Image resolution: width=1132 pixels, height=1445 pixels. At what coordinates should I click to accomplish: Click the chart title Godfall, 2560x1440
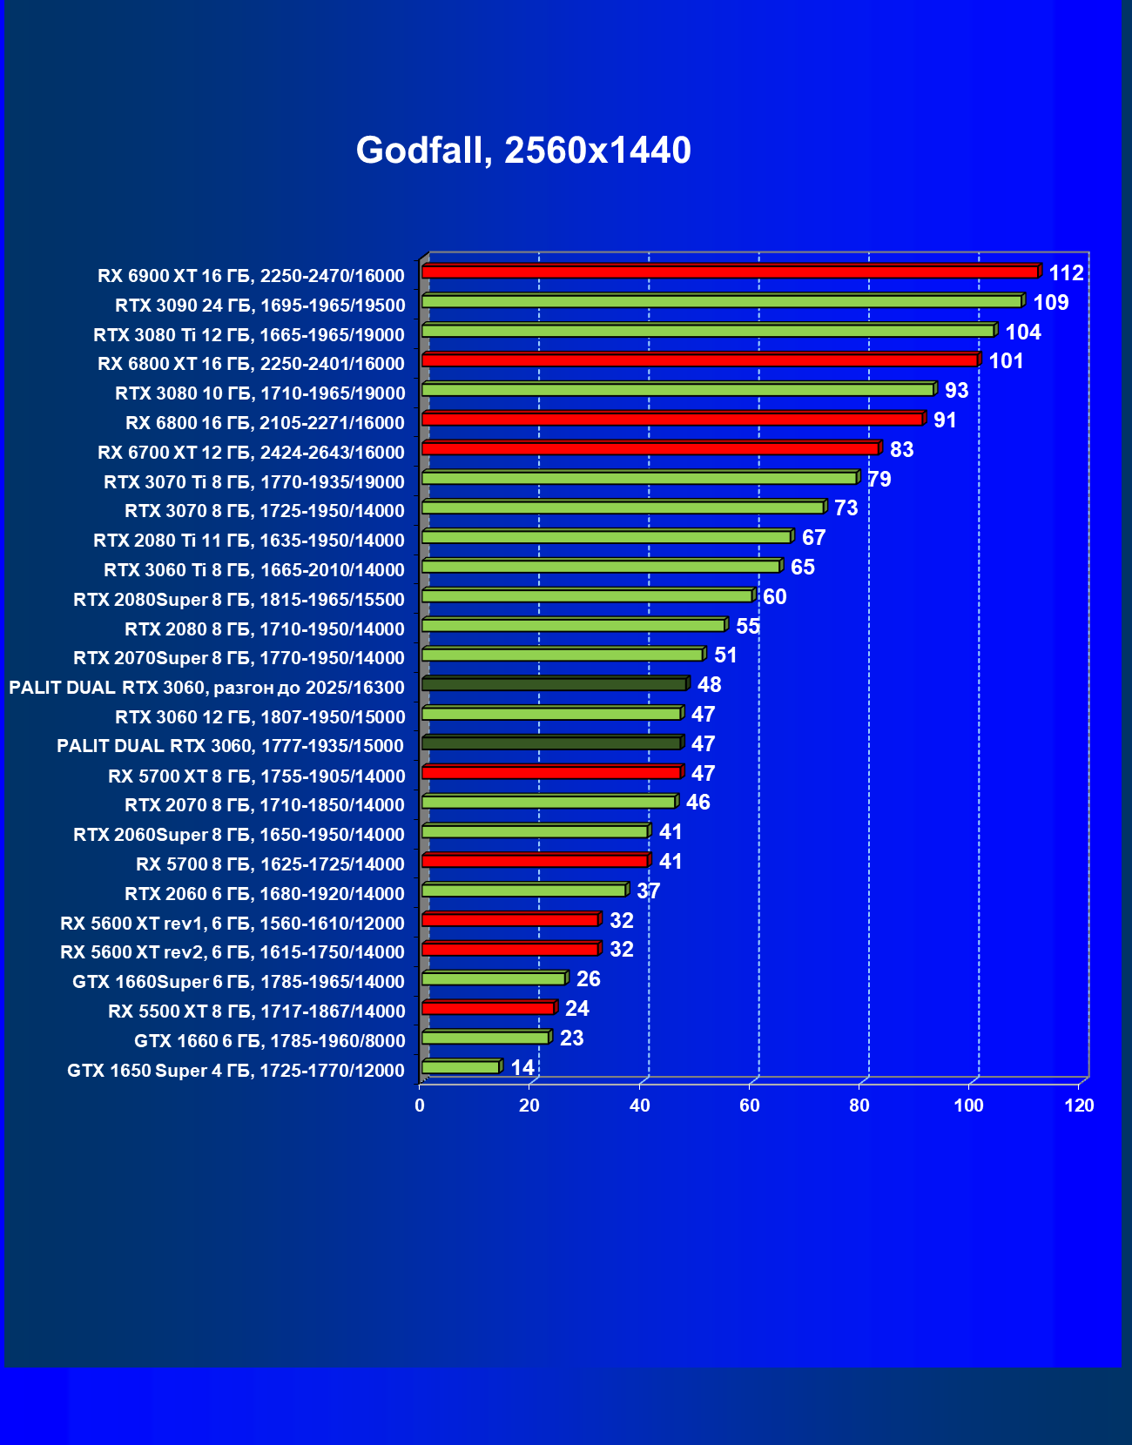(523, 151)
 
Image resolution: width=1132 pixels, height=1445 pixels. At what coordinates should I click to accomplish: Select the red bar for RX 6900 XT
(730, 272)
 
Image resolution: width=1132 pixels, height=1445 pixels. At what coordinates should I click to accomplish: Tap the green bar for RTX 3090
(721, 302)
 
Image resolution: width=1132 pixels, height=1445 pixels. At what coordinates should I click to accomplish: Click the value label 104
(1022, 332)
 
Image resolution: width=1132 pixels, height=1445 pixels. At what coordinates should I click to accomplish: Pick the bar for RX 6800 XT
(699, 360)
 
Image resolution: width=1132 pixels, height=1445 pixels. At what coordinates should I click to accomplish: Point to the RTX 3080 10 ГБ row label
(259, 393)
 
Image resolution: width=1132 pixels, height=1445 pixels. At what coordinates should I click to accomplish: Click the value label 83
(901, 450)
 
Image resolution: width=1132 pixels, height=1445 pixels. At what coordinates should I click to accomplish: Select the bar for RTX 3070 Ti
(639, 479)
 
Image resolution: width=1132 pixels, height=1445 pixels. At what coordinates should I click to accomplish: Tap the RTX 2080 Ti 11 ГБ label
(248, 541)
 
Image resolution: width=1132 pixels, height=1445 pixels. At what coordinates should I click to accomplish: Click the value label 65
(802, 568)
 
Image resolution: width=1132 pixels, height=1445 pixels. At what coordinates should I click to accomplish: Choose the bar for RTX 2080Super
(587, 596)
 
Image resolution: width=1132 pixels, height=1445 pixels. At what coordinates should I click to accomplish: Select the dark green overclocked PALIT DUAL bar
(554, 684)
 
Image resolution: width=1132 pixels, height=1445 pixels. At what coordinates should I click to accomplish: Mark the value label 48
(709, 685)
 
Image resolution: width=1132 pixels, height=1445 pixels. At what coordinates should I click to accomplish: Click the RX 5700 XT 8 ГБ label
(256, 776)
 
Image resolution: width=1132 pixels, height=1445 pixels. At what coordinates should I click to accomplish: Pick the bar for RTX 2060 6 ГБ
(523, 891)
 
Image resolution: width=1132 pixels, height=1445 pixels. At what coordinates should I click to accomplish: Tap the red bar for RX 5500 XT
(488, 1008)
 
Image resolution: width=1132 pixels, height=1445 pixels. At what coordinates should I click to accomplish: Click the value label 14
(522, 1067)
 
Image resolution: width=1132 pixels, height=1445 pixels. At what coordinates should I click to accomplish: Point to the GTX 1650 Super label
(235, 1071)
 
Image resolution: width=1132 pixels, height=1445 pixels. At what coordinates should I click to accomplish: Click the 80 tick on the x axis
(859, 1106)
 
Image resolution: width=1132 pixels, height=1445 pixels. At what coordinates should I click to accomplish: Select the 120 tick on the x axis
(1079, 1106)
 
